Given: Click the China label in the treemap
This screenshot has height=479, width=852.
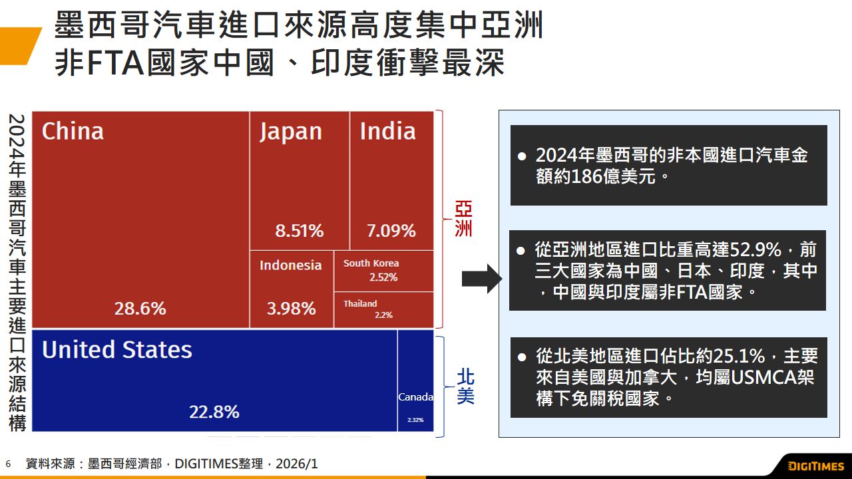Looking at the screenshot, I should click(x=73, y=131).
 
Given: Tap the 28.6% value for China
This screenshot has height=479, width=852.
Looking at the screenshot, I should click(x=140, y=309).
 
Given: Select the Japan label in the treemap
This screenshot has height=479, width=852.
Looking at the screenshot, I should click(x=291, y=132).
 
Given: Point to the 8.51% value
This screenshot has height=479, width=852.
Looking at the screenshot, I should click(x=300, y=231).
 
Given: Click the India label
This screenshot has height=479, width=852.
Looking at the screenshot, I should click(x=387, y=131).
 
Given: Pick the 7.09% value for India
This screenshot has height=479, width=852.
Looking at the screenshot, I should click(x=391, y=231).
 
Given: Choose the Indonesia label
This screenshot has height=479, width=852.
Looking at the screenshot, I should click(x=290, y=265).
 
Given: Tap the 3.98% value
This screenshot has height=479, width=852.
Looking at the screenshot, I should click(x=292, y=309).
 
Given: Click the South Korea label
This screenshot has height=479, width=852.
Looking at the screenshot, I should click(x=371, y=263).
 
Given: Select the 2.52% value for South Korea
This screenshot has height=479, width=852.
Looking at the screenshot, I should click(x=383, y=277).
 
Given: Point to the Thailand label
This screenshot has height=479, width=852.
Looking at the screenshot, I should click(x=360, y=303).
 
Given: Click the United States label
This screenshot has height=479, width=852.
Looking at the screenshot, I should click(x=116, y=350).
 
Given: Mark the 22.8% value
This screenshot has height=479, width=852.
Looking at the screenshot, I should click(x=214, y=412).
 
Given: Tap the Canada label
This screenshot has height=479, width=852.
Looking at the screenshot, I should click(x=415, y=397).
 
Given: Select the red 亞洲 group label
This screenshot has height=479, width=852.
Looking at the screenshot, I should click(x=463, y=219).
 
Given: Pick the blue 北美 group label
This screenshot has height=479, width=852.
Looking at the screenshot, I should click(x=465, y=387).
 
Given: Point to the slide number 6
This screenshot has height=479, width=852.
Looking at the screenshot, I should click(x=8, y=464).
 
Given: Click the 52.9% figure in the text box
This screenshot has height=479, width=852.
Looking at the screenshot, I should click(x=755, y=250).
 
